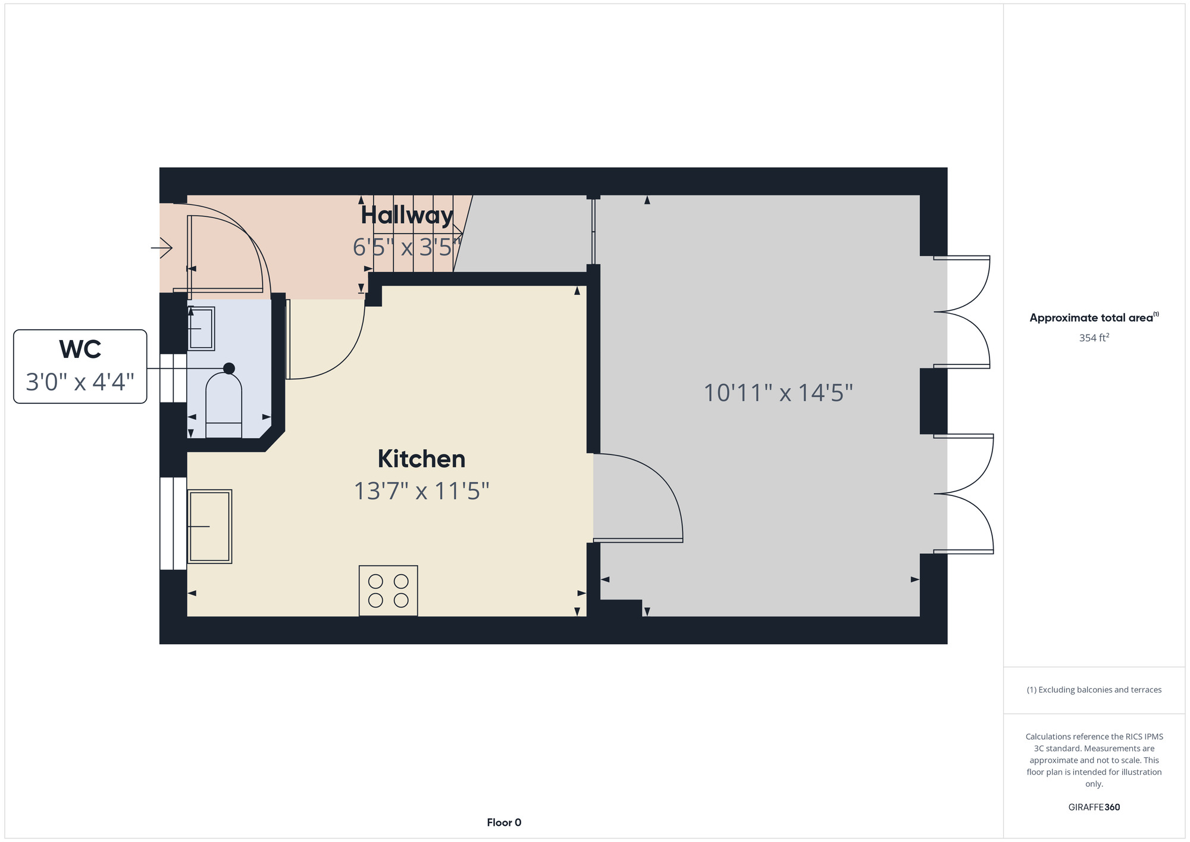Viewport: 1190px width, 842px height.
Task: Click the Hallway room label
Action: pyautogui.click(x=407, y=216)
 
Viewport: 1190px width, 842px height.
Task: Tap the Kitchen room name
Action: pyautogui.click(x=421, y=459)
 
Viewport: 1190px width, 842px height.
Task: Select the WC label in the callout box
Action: pyautogui.click(x=80, y=350)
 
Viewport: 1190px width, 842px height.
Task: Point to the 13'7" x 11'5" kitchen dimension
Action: pyautogui.click(x=421, y=491)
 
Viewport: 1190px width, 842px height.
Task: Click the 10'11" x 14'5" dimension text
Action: pyautogui.click(x=778, y=393)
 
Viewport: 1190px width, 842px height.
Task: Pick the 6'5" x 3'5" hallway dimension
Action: pyautogui.click(x=407, y=247)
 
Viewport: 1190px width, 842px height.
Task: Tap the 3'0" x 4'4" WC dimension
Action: pyautogui.click(x=80, y=382)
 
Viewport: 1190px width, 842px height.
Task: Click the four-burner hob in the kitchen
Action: pyautogui.click(x=388, y=591)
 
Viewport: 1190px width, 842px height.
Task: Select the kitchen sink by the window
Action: pyautogui.click(x=209, y=526)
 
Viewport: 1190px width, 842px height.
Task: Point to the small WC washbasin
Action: pyautogui.click(x=201, y=328)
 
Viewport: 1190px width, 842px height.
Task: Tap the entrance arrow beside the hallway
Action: pyautogui.click(x=161, y=247)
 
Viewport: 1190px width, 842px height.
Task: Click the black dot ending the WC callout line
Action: pyautogui.click(x=228, y=369)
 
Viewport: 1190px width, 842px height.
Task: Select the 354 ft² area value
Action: pyautogui.click(x=1094, y=338)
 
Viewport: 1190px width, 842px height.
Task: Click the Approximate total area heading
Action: pyautogui.click(x=1094, y=317)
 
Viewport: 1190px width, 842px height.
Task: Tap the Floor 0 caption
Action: pyautogui.click(x=504, y=822)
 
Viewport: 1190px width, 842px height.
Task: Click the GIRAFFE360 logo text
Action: pyautogui.click(x=1094, y=807)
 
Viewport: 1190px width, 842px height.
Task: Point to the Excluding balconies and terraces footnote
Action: pyautogui.click(x=1094, y=690)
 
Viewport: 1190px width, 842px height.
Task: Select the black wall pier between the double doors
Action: pyautogui.click(x=934, y=401)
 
